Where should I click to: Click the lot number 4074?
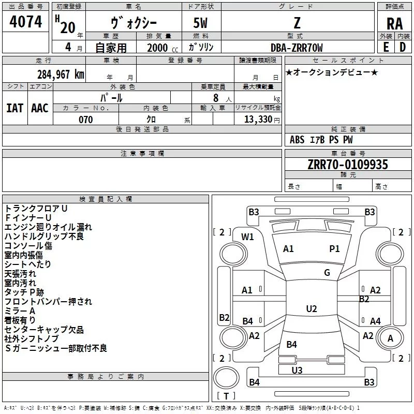[25, 22]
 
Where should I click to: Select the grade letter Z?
[297, 23]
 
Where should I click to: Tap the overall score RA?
[395, 24]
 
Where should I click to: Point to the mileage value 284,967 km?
[61, 75]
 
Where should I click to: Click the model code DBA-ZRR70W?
[297, 48]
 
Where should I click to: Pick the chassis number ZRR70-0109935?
[348, 165]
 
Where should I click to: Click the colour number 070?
[86, 120]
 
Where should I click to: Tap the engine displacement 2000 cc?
[162, 48]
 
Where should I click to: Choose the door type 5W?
[200, 23]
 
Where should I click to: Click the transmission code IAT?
[15, 108]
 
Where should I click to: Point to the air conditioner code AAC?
[40, 108]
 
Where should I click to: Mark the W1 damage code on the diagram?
[247, 237]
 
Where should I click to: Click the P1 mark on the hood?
[334, 248]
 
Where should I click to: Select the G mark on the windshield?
[327, 272]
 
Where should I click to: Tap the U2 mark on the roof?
[312, 308]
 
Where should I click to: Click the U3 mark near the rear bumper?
[297, 370]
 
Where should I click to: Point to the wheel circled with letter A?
[390, 338]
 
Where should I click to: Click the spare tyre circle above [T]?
[226, 378]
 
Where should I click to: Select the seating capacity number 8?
[216, 98]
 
